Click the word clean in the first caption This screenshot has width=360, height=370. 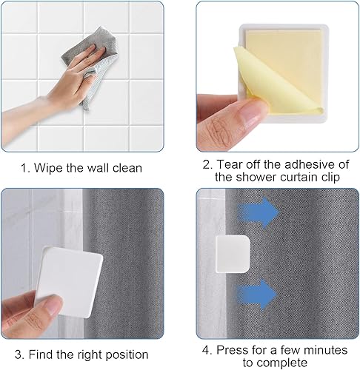[127, 168]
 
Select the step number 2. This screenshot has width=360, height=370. [207, 164]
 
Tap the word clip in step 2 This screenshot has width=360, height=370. [330, 178]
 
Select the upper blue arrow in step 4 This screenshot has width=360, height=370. [258, 212]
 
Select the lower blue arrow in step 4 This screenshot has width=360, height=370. [257, 294]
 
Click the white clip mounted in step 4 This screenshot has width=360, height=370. [233, 254]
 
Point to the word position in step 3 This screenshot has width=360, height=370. [127, 355]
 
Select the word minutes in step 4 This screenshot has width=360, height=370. [325, 350]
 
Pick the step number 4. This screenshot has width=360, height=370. [206, 350]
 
